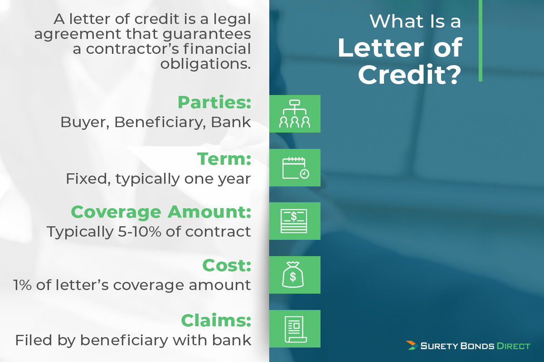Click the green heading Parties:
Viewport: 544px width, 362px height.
pos(214,102)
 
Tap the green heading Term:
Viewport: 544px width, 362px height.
pos(224,159)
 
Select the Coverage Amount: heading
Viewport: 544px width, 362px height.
pos(161,213)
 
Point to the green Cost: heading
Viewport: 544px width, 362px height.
pos(227,265)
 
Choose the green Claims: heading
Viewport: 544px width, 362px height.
pos(216,320)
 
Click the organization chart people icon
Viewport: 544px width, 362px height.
pos(295,114)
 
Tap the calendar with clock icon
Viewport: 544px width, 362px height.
pos(295,168)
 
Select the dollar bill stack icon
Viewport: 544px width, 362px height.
pos(294,221)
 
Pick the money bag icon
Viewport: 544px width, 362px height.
pos(293,275)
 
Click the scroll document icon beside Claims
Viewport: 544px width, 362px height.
pos(296,329)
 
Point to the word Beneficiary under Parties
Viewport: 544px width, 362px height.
pos(158,123)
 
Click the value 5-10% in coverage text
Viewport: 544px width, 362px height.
pos(140,232)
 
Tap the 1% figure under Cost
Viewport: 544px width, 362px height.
pos(22,285)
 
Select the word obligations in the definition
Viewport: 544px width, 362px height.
pos(205,64)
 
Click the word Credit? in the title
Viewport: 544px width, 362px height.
pos(410,75)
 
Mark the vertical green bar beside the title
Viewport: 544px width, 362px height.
pos(481,40)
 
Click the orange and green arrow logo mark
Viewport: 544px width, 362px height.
pos(412,345)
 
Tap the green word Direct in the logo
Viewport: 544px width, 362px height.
pos(513,346)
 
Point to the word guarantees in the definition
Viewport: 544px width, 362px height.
pos(207,34)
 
